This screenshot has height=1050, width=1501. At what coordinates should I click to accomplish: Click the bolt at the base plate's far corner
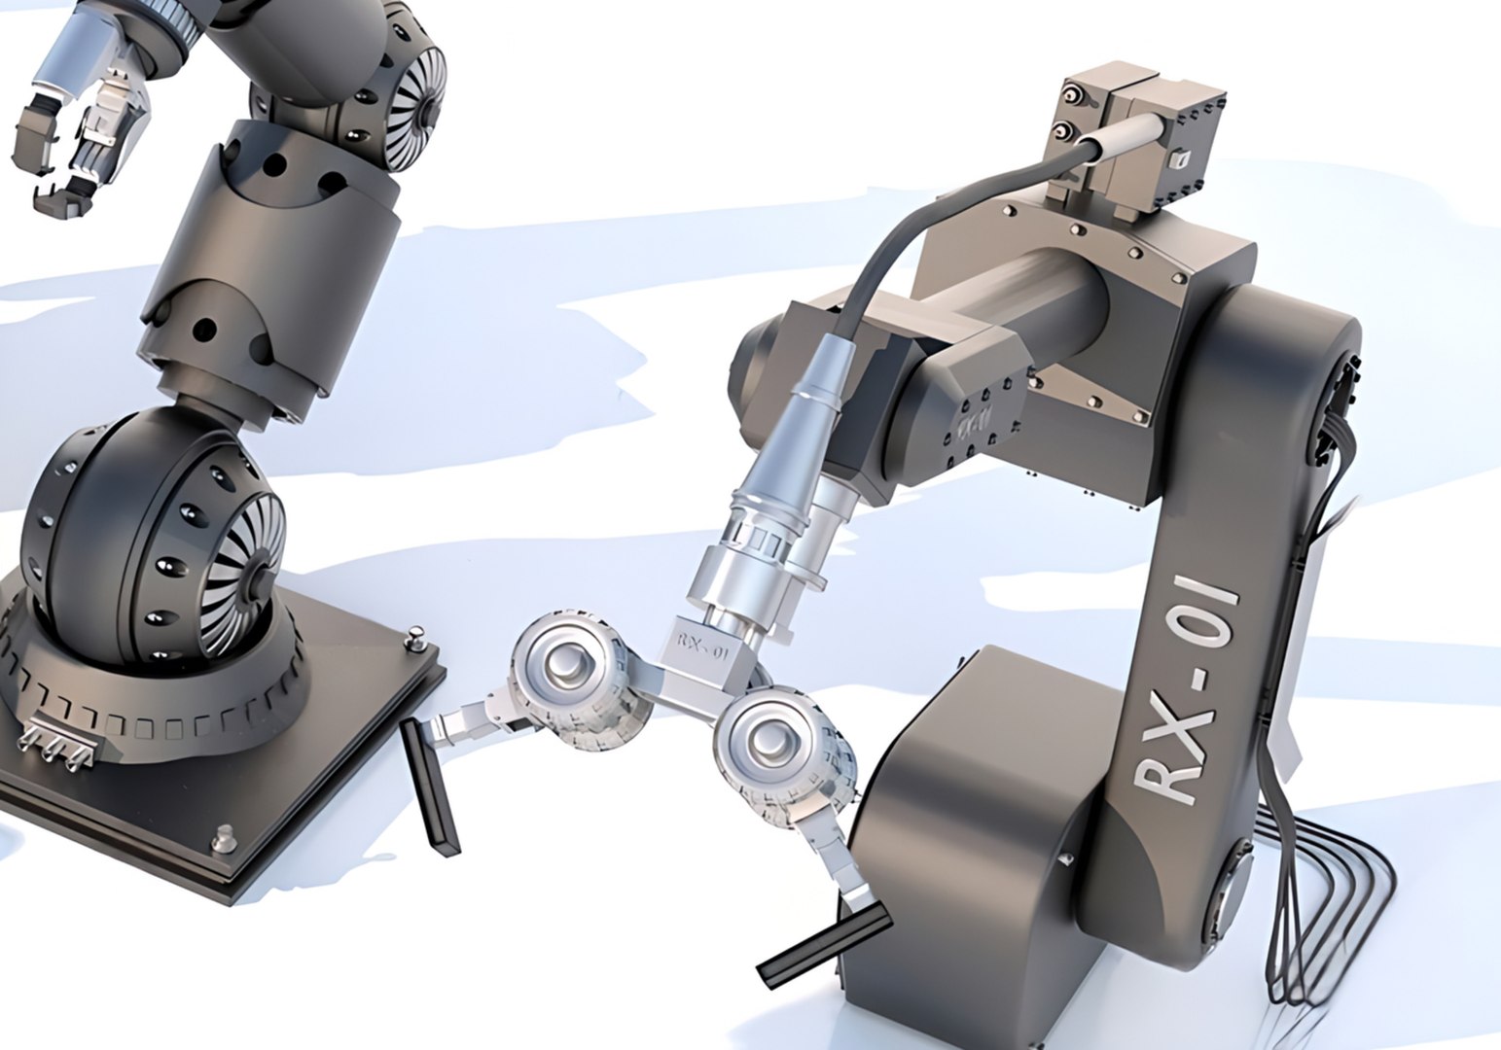point(416,636)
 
